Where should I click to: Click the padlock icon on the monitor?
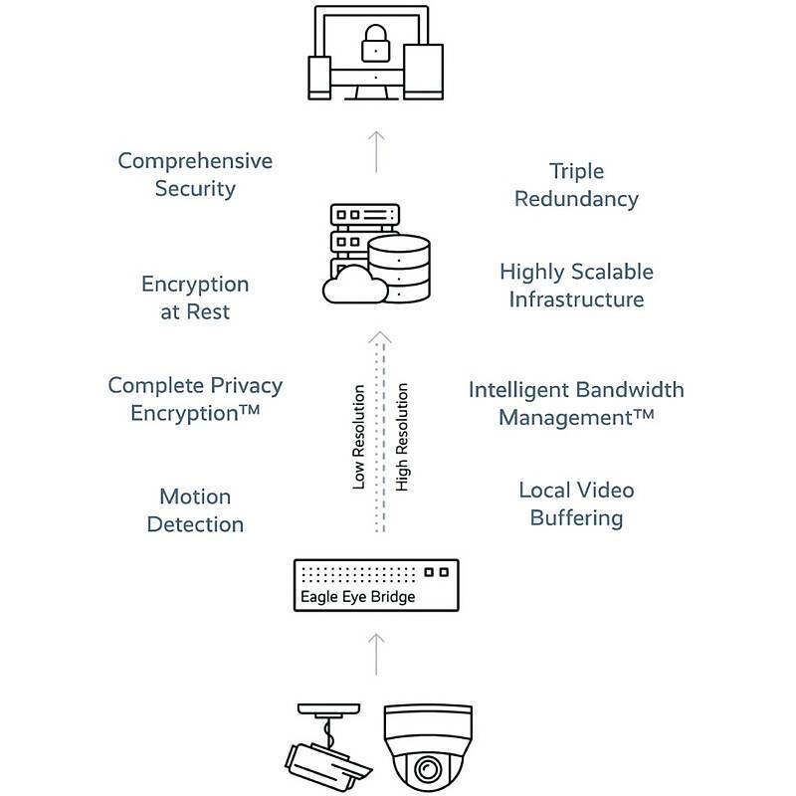[x=375, y=41]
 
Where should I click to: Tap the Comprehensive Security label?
[x=195, y=174]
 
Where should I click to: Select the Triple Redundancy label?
[x=576, y=185]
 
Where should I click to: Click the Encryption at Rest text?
[x=195, y=298]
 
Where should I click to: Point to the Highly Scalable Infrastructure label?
[x=576, y=285]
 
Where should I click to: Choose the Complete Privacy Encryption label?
[x=195, y=398]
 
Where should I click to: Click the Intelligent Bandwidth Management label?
[x=576, y=402]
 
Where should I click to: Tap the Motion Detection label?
[x=195, y=509]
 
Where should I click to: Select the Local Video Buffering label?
[x=576, y=503]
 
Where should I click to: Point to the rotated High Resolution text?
[x=402, y=439]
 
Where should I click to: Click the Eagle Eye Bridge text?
[x=357, y=597]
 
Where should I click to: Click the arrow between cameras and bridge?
[x=376, y=652]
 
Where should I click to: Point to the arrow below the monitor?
[x=376, y=149]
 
